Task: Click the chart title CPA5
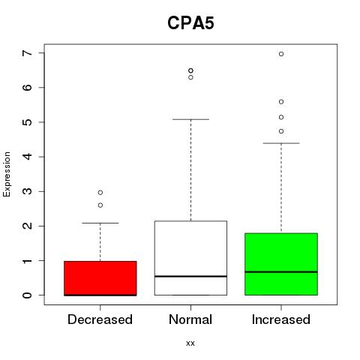point(190,23)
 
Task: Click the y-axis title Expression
point(7,174)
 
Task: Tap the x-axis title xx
point(190,343)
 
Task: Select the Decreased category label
point(100,319)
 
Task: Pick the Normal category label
point(190,319)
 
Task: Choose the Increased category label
point(281,319)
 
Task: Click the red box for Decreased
point(100,278)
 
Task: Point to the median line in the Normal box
point(190,276)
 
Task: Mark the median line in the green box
point(281,271)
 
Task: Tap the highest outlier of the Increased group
point(281,54)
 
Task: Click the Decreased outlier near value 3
point(100,193)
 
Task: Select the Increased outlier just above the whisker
point(281,131)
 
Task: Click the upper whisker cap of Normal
point(190,119)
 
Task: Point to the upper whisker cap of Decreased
point(100,223)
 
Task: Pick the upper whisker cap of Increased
point(281,143)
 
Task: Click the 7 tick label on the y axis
point(28,53)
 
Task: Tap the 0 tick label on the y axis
point(28,295)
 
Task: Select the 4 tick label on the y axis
point(28,157)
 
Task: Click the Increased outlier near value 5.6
point(281,102)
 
